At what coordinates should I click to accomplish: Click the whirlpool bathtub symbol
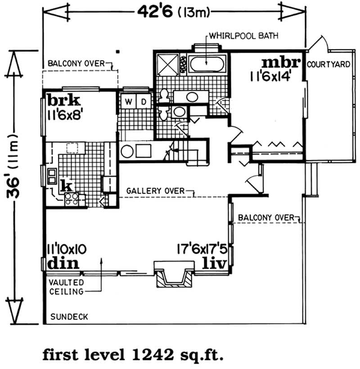[206, 63]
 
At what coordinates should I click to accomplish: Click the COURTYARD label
[328, 64]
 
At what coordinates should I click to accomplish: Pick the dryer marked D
[144, 102]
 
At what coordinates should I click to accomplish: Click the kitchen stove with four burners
[72, 198]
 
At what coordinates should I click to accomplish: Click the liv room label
[212, 262]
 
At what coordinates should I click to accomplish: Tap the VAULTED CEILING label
[66, 287]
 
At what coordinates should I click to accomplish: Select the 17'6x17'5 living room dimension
[201, 248]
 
